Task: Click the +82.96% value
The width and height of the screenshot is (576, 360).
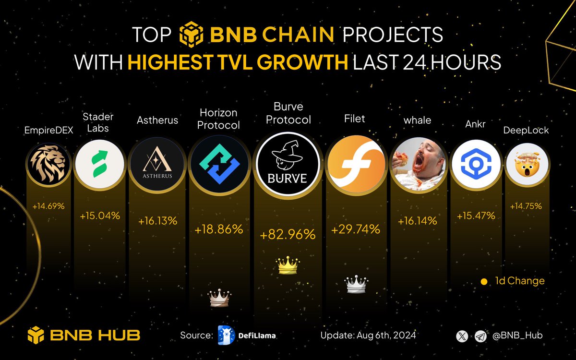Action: click(x=288, y=235)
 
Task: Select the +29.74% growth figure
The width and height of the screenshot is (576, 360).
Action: click(x=356, y=229)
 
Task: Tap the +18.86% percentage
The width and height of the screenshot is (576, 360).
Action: click(x=219, y=229)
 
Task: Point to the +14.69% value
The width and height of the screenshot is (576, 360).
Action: click(x=48, y=206)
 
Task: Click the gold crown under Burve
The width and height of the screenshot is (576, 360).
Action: click(x=288, y=264)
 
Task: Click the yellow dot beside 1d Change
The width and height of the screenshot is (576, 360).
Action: click(x=484, y=281)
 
